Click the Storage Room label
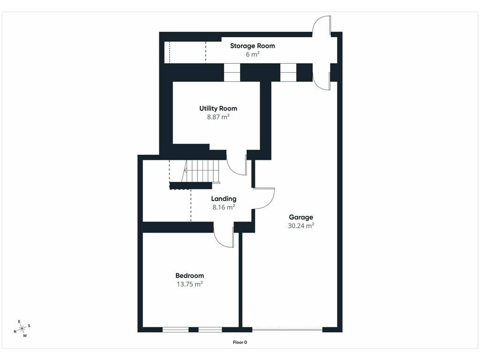[252, 46]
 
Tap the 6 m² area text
[253, 54]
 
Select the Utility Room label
[218, 108]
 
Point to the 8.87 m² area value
[218, 117]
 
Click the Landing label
[224, 199]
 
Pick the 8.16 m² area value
[224, 207]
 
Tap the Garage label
[301, 217]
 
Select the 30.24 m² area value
[301, 225]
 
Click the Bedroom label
[189, 276]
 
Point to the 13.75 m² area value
[189, 284]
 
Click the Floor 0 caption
[240, 342]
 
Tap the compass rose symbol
[22, 329]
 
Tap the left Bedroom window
[175, 330]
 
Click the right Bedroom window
[210, 330]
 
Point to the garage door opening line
[287, 330]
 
